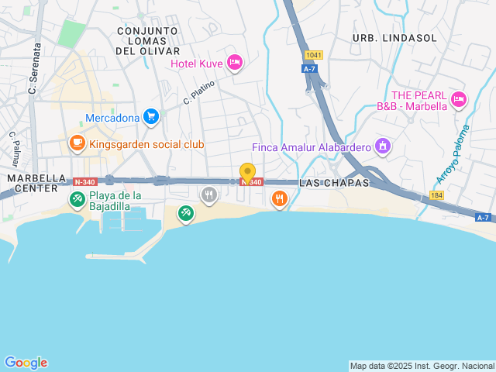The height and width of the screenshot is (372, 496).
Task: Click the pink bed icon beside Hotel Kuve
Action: coord(235,63)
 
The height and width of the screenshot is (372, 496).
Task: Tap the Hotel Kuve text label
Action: coord(197,64)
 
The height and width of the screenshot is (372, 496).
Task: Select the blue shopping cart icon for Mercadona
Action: coord(151,117)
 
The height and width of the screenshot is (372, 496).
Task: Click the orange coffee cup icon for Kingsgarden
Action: coord(77,143)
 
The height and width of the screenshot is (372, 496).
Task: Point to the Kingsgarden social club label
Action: coord(146,144)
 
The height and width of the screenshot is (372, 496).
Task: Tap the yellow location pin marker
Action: coord(247,173)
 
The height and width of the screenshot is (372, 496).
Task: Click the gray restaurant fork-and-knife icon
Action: coord(208,195)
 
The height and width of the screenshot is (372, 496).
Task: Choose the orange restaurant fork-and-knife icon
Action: coord(280,198)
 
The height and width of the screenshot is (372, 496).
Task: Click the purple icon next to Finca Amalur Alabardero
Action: coord(382,145)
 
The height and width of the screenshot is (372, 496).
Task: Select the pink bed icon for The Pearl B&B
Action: coord(459,98)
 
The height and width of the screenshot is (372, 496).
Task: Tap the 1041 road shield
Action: coord(313,55)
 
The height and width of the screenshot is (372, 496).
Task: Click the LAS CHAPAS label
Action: coord(334,182)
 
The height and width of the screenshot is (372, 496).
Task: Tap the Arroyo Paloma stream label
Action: coord(453,154)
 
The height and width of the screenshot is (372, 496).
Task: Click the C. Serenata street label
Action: coord(33,69)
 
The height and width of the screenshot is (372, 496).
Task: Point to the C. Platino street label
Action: coord(198,94)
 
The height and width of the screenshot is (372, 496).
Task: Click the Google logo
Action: coord(26,362)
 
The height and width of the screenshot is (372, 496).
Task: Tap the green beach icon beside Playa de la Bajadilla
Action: coord(77,199)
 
